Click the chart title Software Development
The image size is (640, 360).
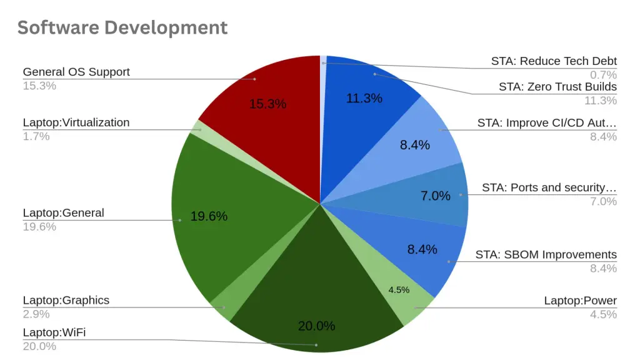click(122, 27)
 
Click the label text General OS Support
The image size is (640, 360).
click(76, 72)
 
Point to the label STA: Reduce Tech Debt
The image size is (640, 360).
click(554, 61)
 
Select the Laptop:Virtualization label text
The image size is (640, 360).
click(76, 122)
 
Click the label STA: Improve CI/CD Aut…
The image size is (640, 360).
click(547, 123)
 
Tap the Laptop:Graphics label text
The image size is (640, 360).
click(66, 300)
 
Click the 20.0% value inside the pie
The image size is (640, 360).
click(316, 326)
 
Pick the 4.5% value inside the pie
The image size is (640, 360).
click(399, 290)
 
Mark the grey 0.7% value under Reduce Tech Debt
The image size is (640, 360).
click(603, 75)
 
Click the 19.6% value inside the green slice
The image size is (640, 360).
click(209, 216)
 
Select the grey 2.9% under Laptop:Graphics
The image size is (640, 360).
click(36, 314)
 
